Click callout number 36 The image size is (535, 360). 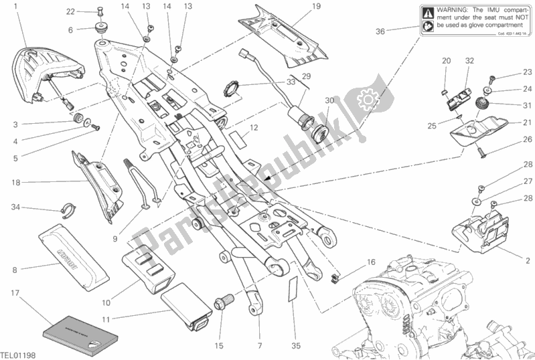380,30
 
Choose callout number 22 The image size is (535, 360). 70,11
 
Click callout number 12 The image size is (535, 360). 254,126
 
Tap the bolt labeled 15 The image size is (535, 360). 220,304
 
